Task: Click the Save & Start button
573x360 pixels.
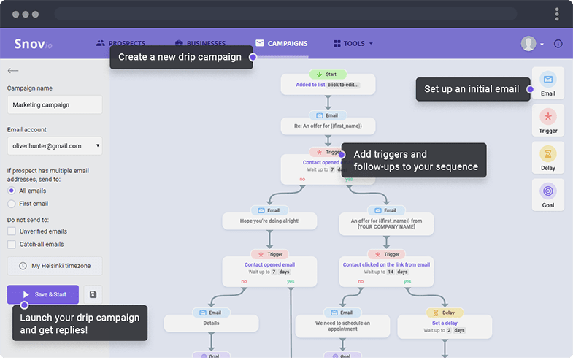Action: [x=43, y=294]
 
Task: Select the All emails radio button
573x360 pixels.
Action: [x=11, y=191]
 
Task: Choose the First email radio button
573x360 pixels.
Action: [x=11, y=204]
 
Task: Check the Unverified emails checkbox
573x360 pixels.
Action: [x=11, y=231]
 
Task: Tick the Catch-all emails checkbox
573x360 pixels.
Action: [x=11, y=245]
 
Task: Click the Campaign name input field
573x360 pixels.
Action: [x=55, y=104]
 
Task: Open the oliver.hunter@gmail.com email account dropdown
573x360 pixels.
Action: [x=55, y=145]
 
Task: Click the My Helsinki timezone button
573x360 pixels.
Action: [x=55, y=266]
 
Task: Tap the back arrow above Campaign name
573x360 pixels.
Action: [x=12, y=71]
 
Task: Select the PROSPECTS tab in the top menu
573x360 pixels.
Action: [x=120, y=44]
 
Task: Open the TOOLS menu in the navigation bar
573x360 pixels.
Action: [x=353, y=44]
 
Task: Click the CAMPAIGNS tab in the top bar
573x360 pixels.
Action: [x=281, y=44]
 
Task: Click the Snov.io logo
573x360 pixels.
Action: [x=34, y=44]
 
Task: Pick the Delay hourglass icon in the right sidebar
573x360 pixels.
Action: [x=548, y=153]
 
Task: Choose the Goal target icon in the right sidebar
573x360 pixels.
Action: [x=548, y=191]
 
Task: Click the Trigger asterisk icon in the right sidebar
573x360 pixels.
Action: [x=548, y=116]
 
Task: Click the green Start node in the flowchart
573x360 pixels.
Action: [x=328, y=74]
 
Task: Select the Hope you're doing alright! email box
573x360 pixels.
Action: [x=269, y=220]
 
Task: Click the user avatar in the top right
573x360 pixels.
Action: [x=528, y=44]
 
